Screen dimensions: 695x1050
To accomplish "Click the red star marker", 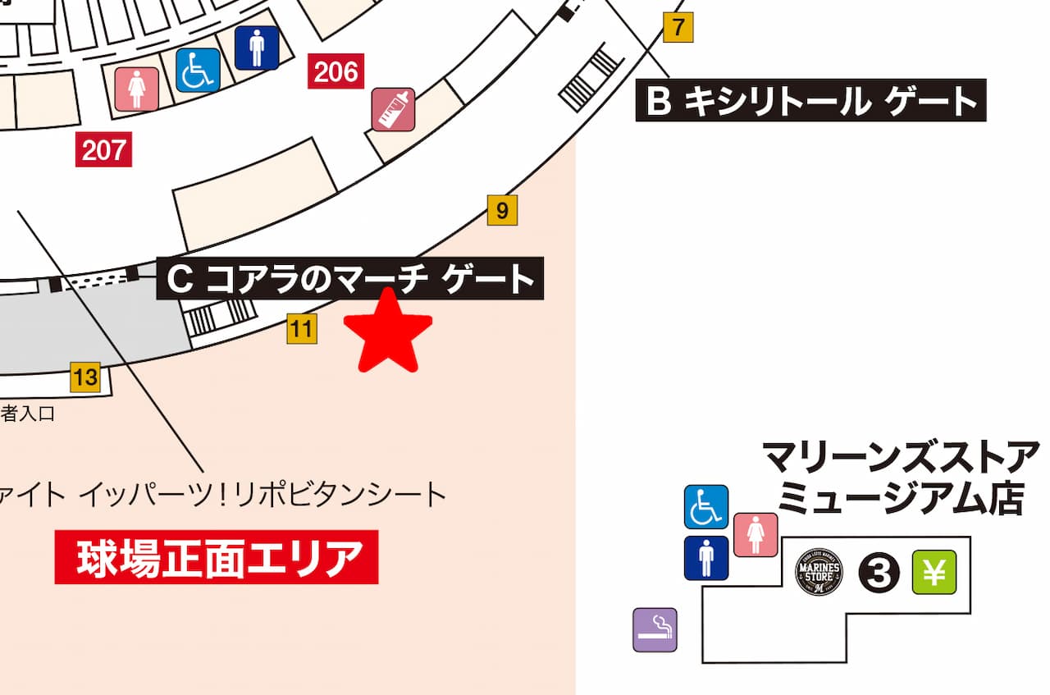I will click(387, 333).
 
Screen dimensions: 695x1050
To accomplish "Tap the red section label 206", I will click(336, 72).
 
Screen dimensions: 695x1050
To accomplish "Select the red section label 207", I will click(104, 150).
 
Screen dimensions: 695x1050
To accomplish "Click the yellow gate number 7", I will click(678, 28).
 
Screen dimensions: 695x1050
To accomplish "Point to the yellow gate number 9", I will click(502, 211).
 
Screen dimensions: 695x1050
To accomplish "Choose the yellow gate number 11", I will click(302, 330).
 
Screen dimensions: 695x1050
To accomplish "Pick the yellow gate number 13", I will click(85, 377).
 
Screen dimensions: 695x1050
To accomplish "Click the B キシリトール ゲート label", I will click(810, 101).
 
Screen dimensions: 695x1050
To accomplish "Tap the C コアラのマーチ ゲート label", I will click(349, 279).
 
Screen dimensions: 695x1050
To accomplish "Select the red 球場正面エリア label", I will click(217, 557).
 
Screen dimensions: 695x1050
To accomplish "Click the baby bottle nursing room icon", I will click(394, 110).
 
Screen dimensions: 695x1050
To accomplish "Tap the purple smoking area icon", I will click(655, 629).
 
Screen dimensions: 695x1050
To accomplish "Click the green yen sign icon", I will click(934, 572).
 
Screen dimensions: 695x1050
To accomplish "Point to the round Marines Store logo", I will click(819, 572).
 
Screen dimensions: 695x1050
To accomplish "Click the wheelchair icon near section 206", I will click(198, 70).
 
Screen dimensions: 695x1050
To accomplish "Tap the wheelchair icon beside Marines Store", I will click(706, 506).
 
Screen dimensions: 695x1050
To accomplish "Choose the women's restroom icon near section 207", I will click(136, 88).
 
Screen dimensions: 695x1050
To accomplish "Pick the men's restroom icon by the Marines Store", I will click(706, 558).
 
